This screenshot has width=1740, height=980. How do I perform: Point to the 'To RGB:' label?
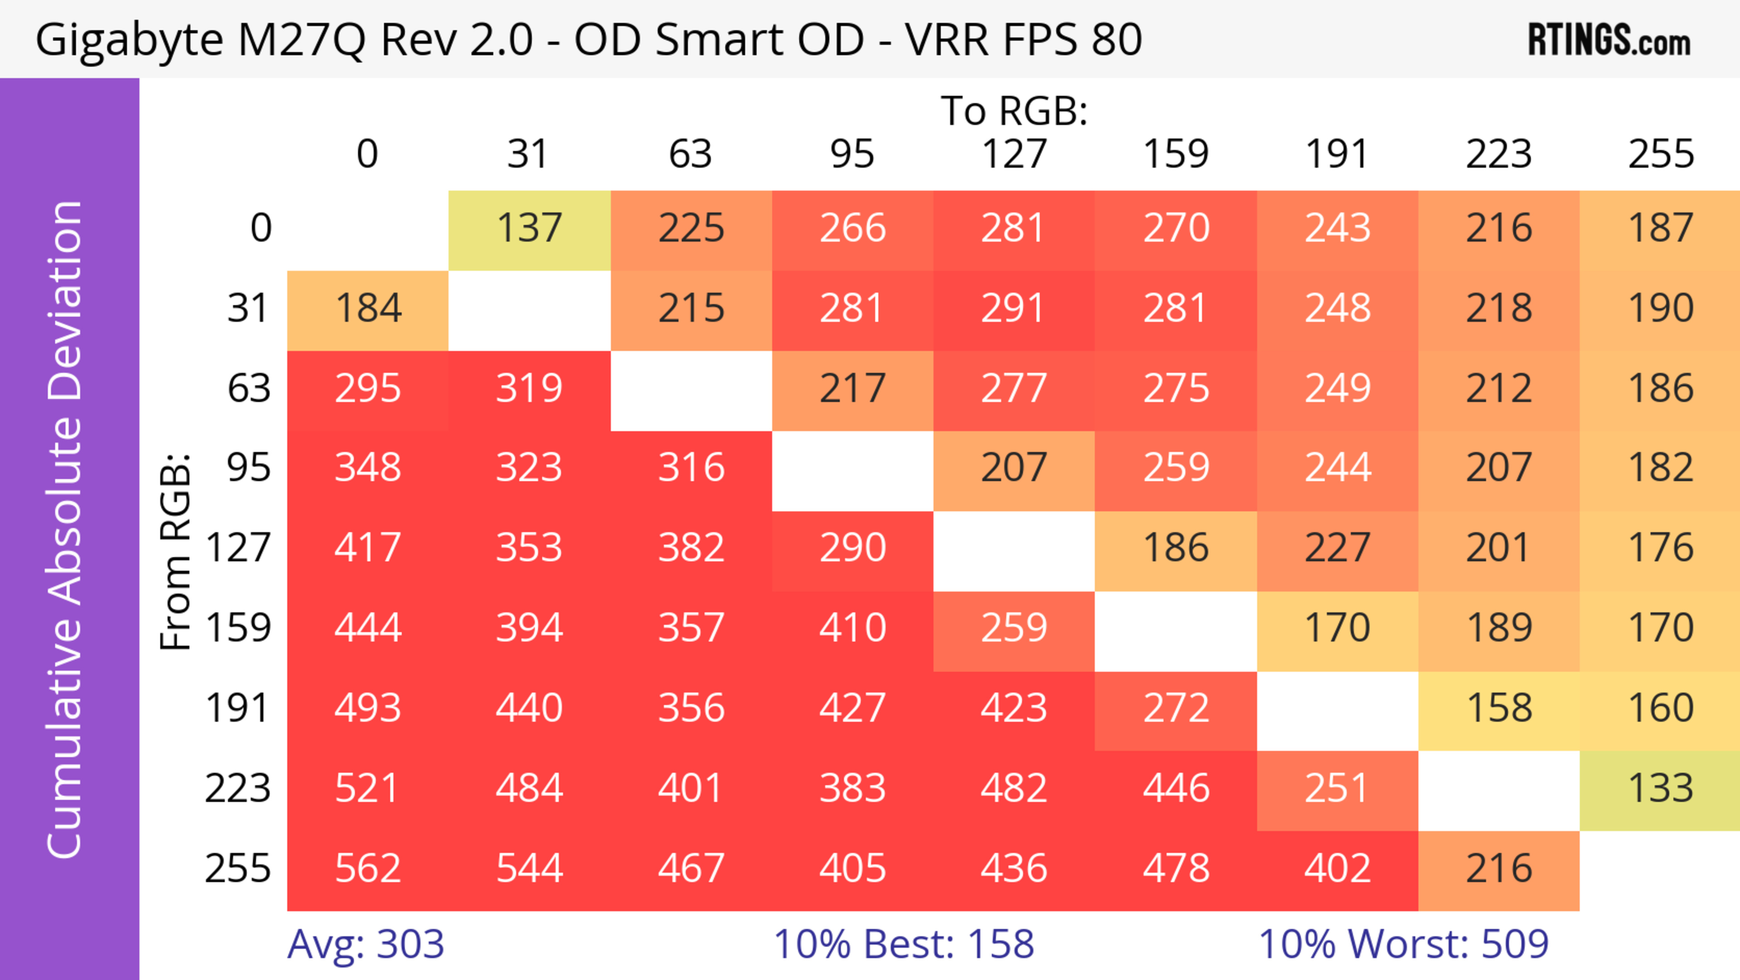click(x=1014, y=110)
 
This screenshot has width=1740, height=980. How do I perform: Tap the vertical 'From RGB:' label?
click(x=176, y=551)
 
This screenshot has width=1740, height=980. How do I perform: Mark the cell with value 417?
click(x=367, y=547)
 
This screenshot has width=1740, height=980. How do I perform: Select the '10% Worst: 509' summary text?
click(x=1403, y=944)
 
